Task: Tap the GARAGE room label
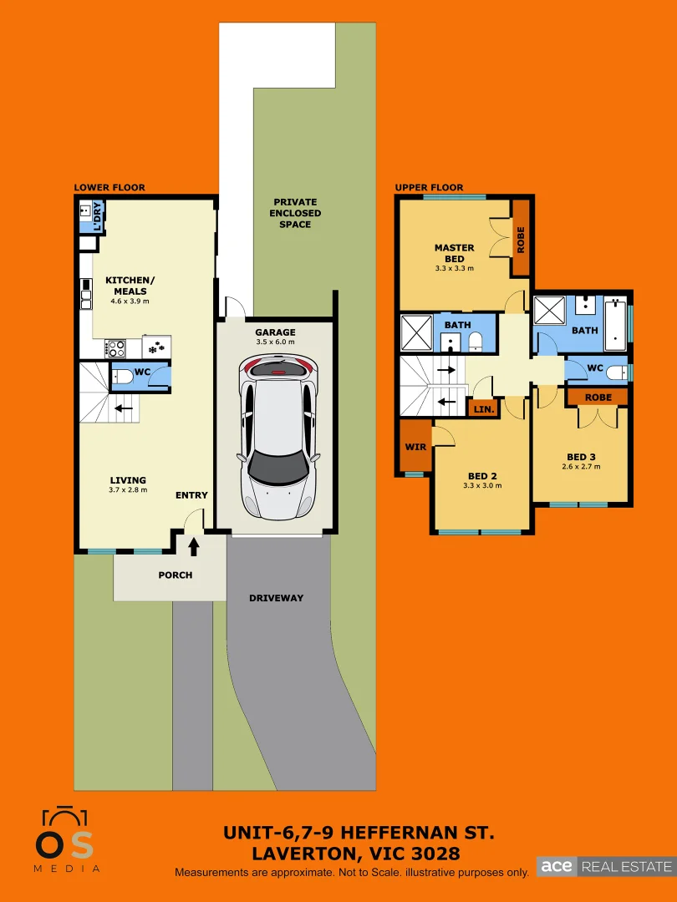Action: (x=275, y=332)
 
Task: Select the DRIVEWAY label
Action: (x=276, y=598)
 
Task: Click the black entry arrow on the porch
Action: (x=194, y=547)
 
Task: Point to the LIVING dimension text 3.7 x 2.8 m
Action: (x=128, y=490)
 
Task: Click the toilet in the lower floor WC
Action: (x=122, y=378)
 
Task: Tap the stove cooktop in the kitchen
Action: (x=115, y=347)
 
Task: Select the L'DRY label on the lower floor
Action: (x=97, y=216)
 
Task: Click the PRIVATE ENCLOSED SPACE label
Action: (x=295, y=213)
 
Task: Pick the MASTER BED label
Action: (x=454, y=253)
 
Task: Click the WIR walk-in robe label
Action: (x=415, y=447)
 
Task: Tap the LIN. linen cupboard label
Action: (x=482, y=409)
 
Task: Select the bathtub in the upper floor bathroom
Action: (x=615, y=324)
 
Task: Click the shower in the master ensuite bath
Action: (x=415, y=332)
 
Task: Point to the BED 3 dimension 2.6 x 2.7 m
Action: (x=581, y=467)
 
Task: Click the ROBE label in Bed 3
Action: (x=598, y=398)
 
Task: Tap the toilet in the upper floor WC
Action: (x=617, y=372)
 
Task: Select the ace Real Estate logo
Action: (x=605, y=866)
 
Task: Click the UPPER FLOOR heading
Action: (x=429, y=188)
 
